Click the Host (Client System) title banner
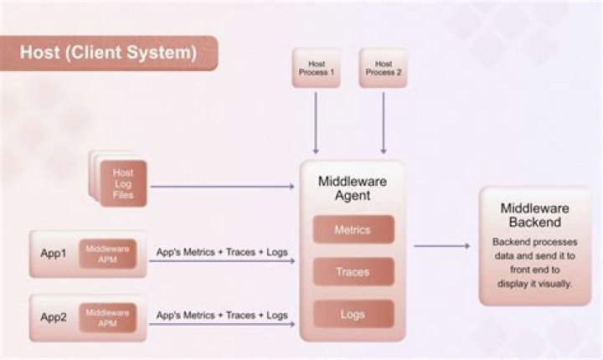[109, 53]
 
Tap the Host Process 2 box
[383, 68]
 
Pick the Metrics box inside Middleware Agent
[352, 229]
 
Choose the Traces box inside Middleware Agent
[352, 272]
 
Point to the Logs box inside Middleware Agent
[352, 314]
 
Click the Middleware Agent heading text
[352, 188]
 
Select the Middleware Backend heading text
[535, 215]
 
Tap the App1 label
[54, 254]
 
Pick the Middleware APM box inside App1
[107, 254]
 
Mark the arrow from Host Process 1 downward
[315, 122]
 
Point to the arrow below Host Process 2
[383, 122]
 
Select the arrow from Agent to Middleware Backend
[442, 246]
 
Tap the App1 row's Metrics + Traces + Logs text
[222, 251]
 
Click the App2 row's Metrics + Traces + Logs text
[222, 316]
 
